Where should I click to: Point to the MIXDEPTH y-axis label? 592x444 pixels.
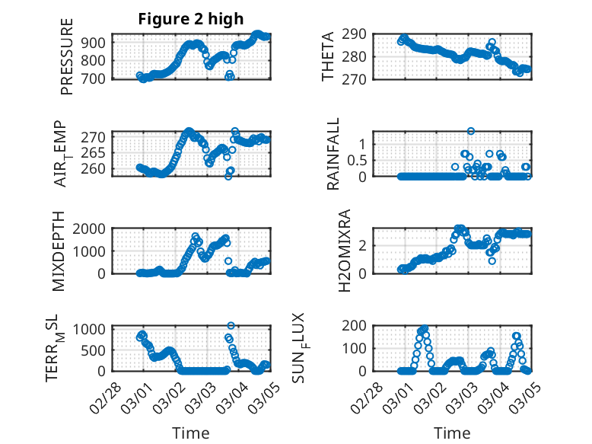58,252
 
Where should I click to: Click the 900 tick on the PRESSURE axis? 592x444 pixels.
97,42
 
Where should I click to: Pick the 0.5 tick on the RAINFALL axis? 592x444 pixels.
356,160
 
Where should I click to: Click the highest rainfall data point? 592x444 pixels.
471,131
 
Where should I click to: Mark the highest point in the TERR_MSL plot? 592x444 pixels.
231,326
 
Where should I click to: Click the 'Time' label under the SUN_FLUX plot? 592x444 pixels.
452,433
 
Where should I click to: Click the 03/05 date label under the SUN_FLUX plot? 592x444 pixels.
520,397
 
